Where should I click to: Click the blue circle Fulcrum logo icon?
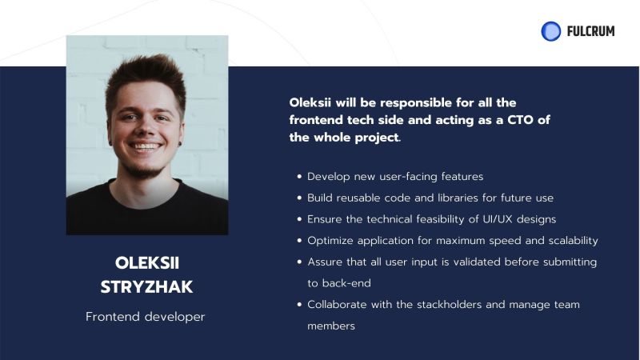tap(550, 31)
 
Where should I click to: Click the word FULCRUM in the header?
tap(590, 31)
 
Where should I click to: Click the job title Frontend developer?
tap(146, 317)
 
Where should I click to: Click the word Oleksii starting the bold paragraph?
tap(313, 103)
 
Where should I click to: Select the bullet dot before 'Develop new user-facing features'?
tap(299, 177)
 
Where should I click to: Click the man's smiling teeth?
tap(146, 146)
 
